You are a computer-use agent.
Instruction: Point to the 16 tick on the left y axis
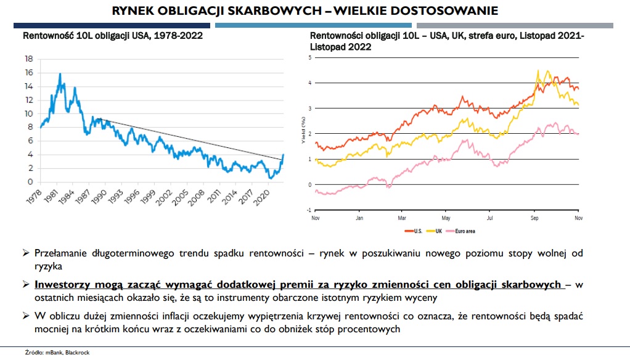(28, 72)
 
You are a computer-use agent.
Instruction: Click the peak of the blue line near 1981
(60, 74)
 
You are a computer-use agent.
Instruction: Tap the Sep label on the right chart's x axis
(534, 218)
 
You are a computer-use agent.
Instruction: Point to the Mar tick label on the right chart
(402, 218)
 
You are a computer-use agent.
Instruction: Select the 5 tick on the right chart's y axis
(311, 57)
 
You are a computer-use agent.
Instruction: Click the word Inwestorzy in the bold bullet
(62, 285)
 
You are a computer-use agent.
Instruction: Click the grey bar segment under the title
(515, 25)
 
